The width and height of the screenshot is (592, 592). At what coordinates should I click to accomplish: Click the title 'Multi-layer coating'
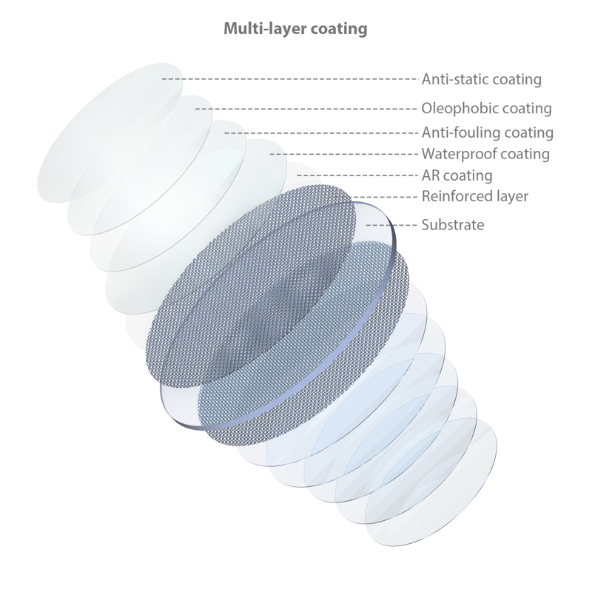(295, 29)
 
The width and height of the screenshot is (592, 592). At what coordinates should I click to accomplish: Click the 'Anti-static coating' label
(482, 79)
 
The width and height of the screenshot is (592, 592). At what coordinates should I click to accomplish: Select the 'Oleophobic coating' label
(486, 108)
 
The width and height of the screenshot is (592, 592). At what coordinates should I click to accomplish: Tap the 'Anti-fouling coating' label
(488, 132)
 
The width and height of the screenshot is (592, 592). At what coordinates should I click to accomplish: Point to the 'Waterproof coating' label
(485, 154)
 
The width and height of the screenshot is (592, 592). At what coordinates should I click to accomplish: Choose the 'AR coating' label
(457, 175)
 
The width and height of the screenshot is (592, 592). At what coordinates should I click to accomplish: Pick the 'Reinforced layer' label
(475, 196)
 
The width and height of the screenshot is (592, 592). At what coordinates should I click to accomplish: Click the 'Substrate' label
(453, 225)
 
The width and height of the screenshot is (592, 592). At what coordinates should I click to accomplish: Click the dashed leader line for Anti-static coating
(290, 79)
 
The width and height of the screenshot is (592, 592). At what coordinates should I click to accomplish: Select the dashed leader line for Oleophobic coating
(306, 109)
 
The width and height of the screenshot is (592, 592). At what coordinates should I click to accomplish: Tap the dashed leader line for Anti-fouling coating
(321, 133)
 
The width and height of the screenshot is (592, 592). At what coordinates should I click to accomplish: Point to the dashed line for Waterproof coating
(343, 154)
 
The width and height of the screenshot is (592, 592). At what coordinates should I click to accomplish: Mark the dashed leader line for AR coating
(357, 175)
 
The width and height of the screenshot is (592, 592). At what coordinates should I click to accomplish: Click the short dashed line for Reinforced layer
(384, 197)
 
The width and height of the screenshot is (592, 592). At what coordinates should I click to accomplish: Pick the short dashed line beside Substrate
(391, 226)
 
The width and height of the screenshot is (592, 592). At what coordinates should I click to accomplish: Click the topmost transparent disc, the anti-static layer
(110, 133)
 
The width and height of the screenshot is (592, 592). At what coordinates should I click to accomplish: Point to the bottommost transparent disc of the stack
(431, 482)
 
